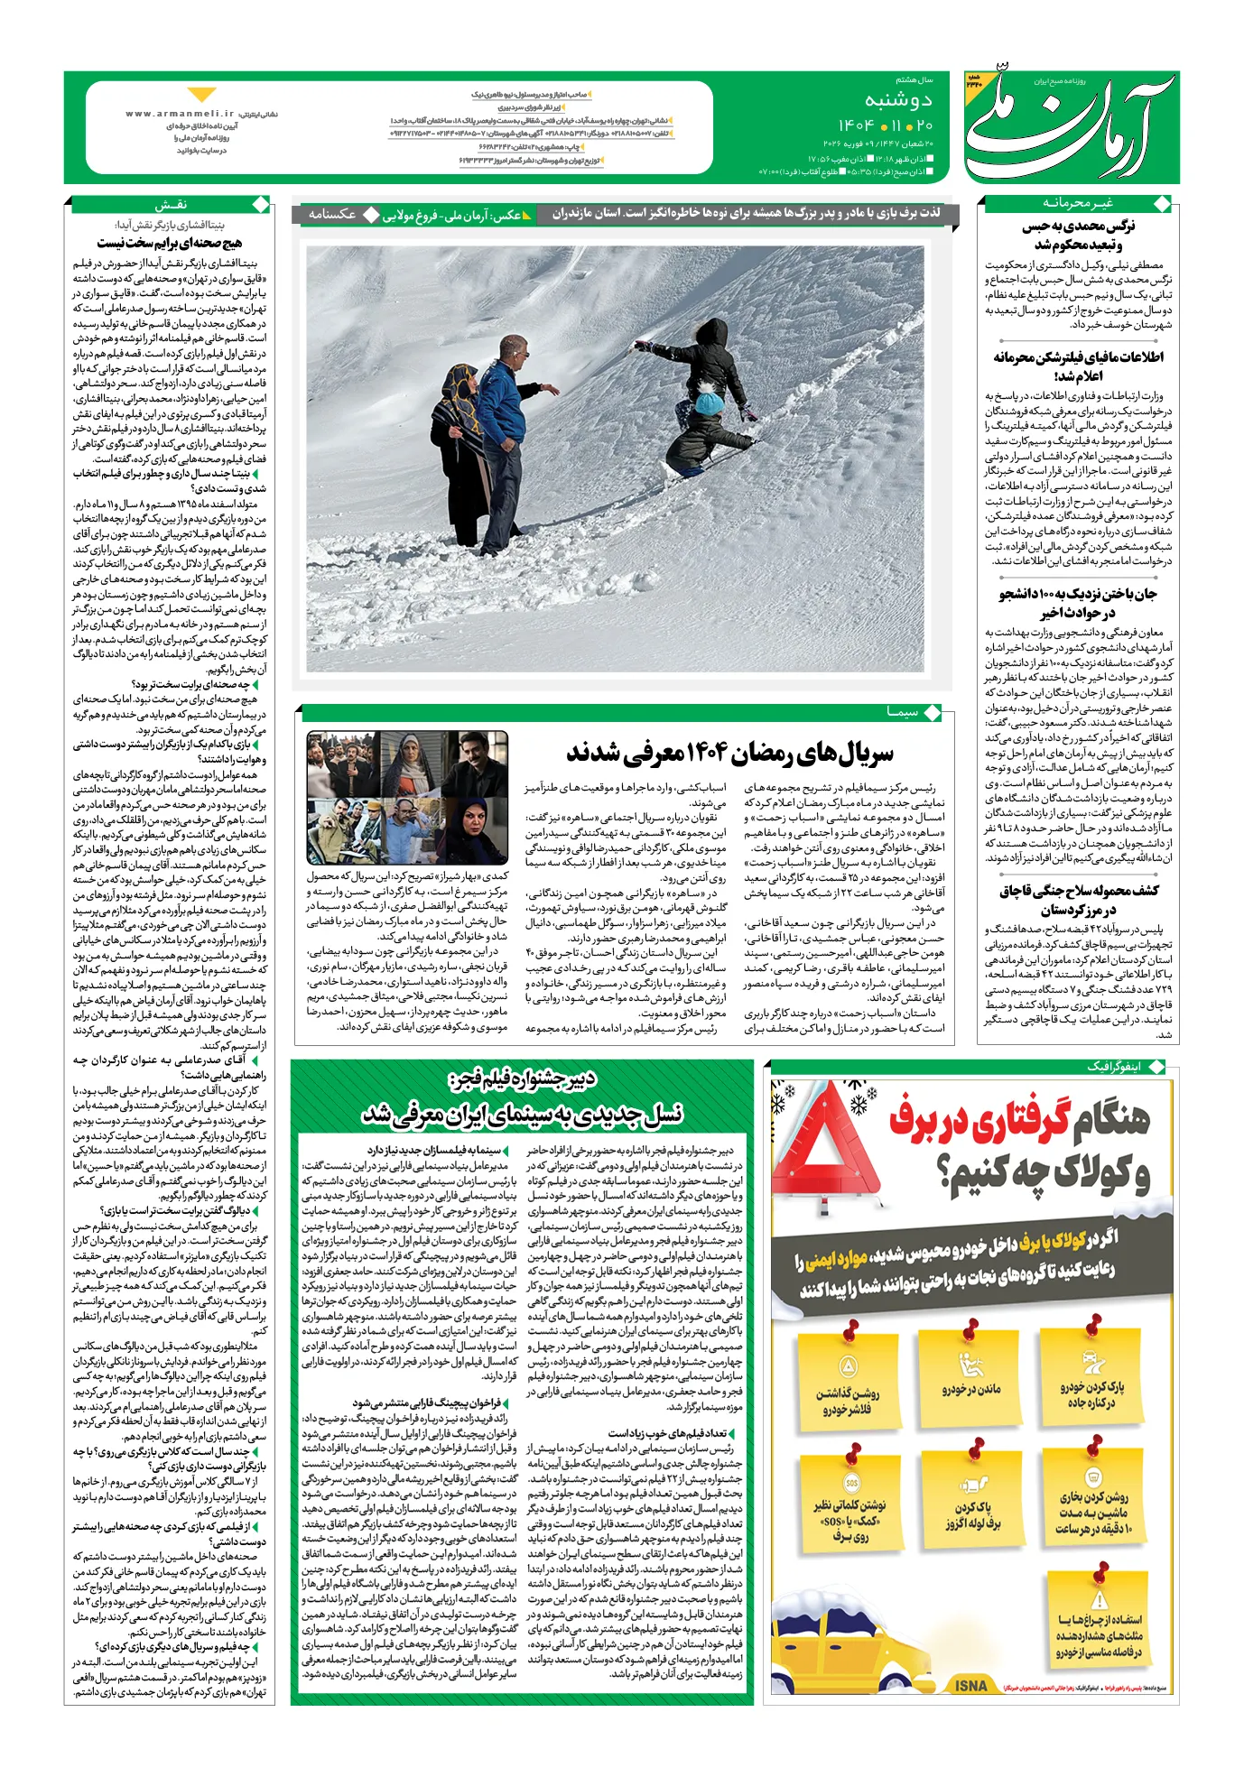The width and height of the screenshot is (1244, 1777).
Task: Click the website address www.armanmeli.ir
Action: (180, 115)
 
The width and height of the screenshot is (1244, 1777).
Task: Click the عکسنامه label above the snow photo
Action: (332, 214)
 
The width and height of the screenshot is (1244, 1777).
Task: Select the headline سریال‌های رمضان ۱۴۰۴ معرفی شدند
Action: (729, 751)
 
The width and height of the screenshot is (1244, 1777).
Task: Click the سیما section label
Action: (902, 712)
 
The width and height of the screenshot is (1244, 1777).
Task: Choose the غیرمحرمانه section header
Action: (1078, 203)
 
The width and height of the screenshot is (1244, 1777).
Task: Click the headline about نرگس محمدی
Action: (1078, 235)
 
